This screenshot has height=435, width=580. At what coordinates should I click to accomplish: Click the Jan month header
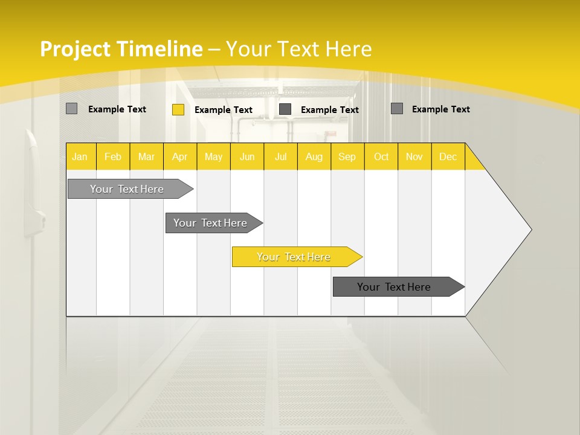[x=80, y=156]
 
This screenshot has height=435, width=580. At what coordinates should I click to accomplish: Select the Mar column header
[x=146, y=156]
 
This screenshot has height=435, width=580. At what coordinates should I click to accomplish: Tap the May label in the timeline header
[x=213, y=156]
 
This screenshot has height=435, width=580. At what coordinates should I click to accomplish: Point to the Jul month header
[x=280, y=156]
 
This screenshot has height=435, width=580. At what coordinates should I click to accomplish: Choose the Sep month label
[x=347, y=156]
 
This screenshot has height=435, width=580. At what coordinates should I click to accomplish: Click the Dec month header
[x=448, y=156]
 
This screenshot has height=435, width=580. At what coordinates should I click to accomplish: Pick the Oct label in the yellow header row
[x=381, y=156]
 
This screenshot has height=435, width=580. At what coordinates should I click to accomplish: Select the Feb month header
[x=113, y=156]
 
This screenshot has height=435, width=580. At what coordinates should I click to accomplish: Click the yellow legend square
[x=178, y=109]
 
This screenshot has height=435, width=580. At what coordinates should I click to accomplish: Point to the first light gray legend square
[x=71, y=109]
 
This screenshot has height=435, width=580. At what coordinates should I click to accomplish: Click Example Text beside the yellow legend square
[x=223, y=110]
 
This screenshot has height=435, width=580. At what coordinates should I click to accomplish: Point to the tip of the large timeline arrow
[x=530, y=230]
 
